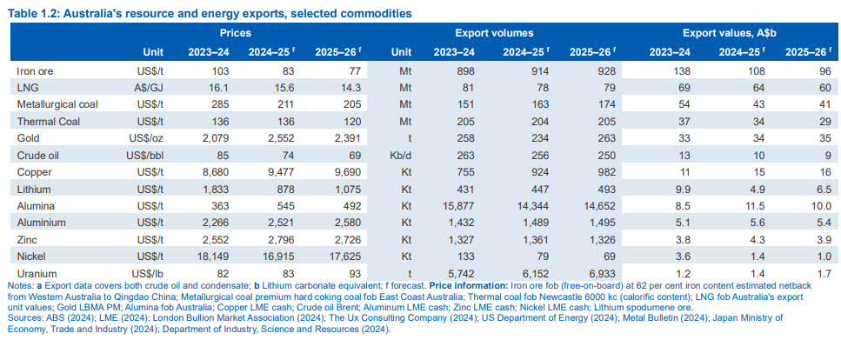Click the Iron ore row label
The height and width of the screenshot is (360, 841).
[x=34, y=69]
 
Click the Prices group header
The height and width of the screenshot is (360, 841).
[x=236, y=32]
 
